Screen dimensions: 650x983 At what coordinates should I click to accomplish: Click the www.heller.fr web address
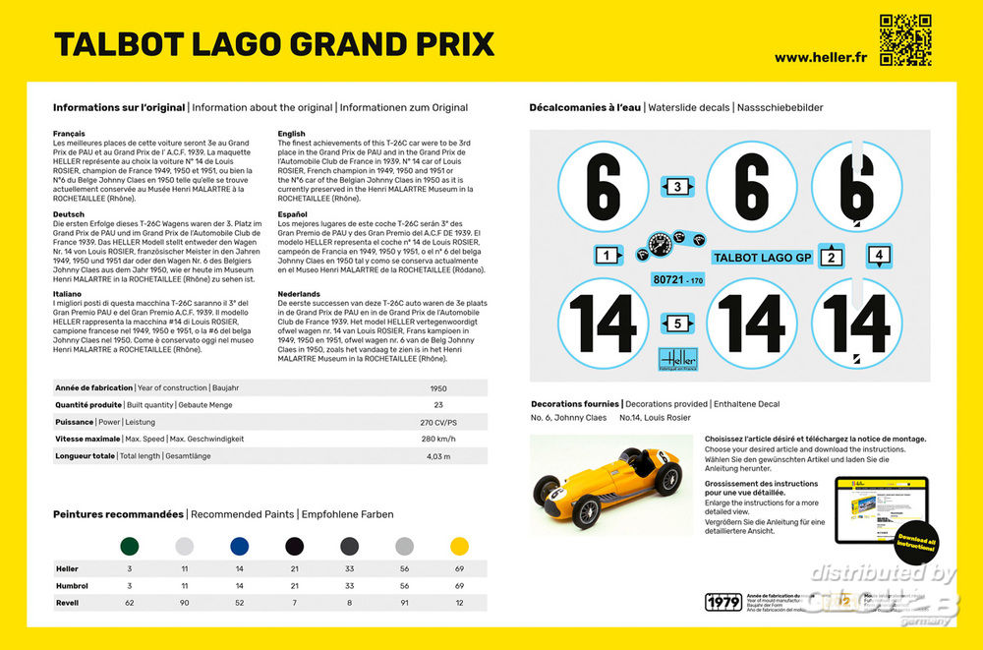(x=820, y=57)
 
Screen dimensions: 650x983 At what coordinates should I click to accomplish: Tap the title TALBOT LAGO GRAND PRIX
(x=274, y=44)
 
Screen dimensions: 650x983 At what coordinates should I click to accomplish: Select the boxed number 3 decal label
(x=676, y=187)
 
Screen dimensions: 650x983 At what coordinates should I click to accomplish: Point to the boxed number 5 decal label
(x=676, y=323)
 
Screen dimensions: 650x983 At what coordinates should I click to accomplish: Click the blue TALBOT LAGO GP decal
(x=762, y=258)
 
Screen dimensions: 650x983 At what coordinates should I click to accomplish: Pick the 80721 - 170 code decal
(x=678, y=280)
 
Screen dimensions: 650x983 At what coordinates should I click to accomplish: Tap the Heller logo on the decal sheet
(x=678, y=360)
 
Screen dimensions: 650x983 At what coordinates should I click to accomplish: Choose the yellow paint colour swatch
(x=459, y=546)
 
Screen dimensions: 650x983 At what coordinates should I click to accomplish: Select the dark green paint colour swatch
(x=129, y=546)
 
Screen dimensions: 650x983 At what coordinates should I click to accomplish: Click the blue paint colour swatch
(x=239, y=546)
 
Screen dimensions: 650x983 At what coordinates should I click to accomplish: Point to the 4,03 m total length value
(x=438, y=456)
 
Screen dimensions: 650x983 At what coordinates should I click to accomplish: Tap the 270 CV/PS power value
(x=438, y=422)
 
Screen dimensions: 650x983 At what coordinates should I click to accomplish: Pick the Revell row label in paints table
(x=67, y=603)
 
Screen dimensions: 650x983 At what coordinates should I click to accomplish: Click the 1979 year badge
(x=723, y=602)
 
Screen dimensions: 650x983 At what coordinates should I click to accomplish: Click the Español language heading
(x=293, y=213)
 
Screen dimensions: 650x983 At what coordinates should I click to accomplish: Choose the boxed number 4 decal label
(x=879, y=256)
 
